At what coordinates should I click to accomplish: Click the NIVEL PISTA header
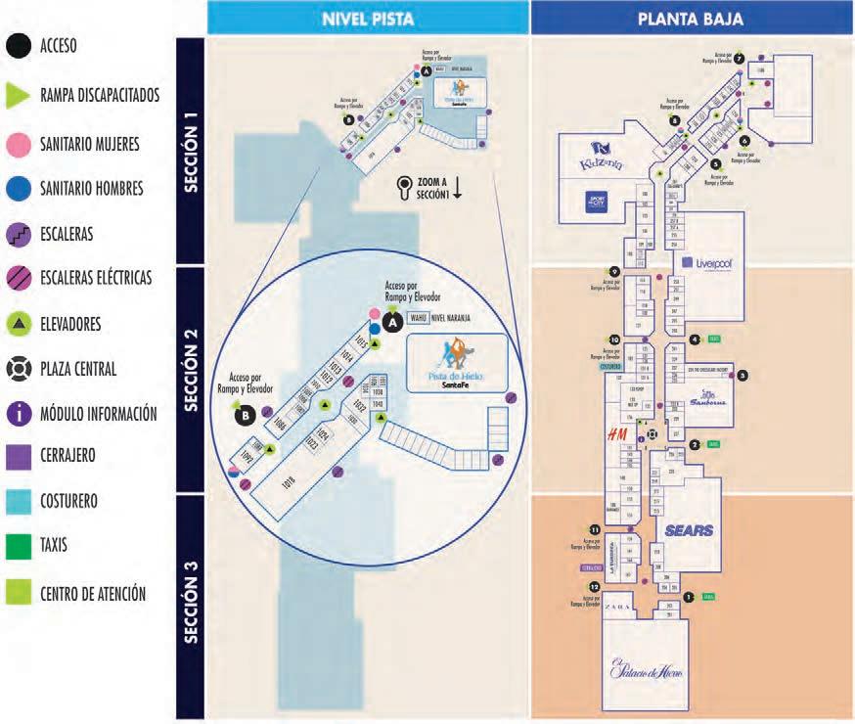point(368,18)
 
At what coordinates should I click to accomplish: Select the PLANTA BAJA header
point(690,18)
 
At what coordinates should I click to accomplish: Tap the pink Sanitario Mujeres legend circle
point(17,143)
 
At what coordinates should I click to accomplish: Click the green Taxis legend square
point(17,545)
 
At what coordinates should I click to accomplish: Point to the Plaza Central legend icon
point(17,368)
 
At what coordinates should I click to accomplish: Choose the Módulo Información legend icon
point(17,413)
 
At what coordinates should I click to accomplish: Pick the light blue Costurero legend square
point(17,501)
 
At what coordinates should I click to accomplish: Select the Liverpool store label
point(714,262)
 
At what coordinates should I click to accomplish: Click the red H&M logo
point(617,433)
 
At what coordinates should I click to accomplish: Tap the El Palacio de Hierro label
point(647,673)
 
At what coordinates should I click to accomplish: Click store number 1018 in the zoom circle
point(289,481)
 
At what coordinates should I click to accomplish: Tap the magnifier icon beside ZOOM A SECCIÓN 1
point(403,187)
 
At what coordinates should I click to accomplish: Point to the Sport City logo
point(595,202)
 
